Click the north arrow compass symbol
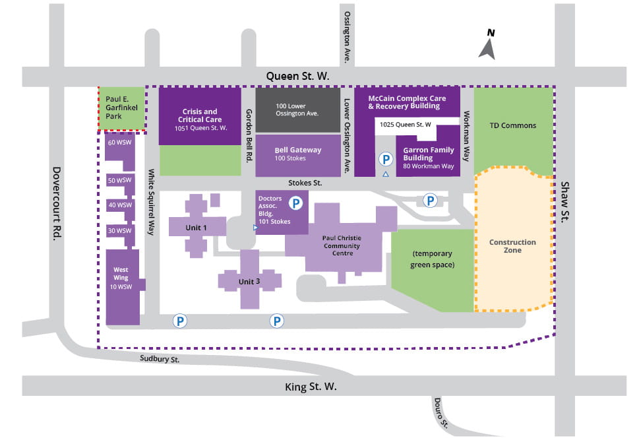(488, 46)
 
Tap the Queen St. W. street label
(297, 77)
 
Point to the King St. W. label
(311, 387)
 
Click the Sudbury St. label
(160, 359)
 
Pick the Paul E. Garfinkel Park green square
(121, 108)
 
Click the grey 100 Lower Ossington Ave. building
(297, 110)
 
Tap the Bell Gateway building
(297, 154)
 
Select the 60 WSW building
(120, 143)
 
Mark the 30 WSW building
(120, 230)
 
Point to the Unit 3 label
(249, 282)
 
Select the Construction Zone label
(512, 246)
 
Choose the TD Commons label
(514, 125)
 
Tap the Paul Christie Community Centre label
(342, 245)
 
